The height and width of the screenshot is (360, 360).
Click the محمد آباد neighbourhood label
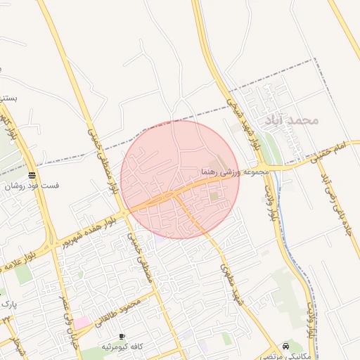[292, 120]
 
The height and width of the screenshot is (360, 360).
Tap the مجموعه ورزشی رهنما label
[235, 172]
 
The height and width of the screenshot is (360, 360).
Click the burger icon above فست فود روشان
[32, 175]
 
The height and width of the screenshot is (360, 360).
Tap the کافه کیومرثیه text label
[122, 347]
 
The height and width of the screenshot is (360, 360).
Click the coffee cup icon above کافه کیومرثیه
[122, 337]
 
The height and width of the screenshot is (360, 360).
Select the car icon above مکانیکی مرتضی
[285, 346]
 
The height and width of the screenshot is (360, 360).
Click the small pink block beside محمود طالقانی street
[83, 322]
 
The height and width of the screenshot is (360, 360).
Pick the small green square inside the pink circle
[214, 196]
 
